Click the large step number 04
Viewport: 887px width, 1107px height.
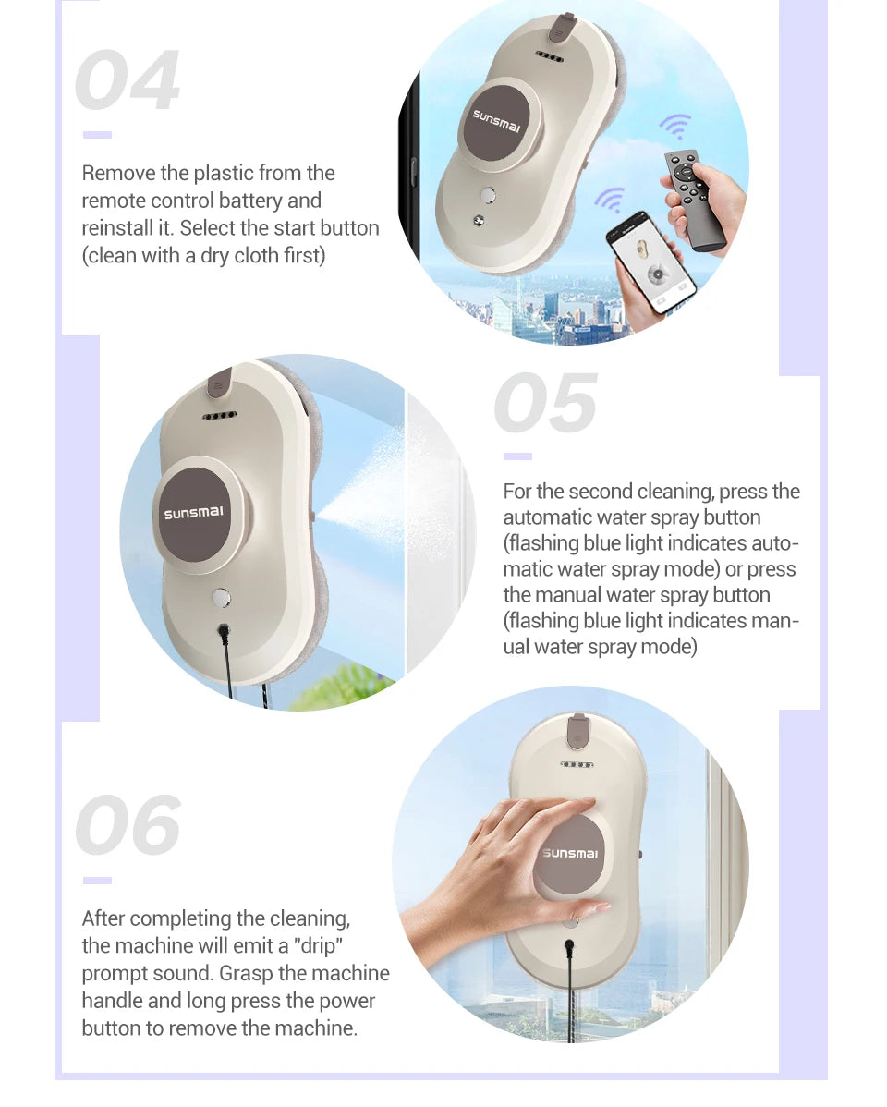tap(128, 79)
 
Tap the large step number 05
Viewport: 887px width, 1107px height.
tap(546, 402)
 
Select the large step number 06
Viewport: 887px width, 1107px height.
tap(128, 824)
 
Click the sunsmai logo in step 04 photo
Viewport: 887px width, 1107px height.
tap(496, 121)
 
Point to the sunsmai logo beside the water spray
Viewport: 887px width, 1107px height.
tap(193, 513)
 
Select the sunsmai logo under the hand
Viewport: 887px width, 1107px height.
tap(570, 853)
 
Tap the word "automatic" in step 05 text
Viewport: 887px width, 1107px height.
tap(547, 517)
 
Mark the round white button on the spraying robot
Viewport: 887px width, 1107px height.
tap(222, 598)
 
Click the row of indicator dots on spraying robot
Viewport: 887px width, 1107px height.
tap(220, 416)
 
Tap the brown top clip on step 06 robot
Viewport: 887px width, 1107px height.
tap(577, 731)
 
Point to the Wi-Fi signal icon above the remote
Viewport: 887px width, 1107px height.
tap(675, 127)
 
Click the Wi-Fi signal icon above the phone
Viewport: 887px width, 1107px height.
tap(610, 199)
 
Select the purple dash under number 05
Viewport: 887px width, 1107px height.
tap(517, 456)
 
